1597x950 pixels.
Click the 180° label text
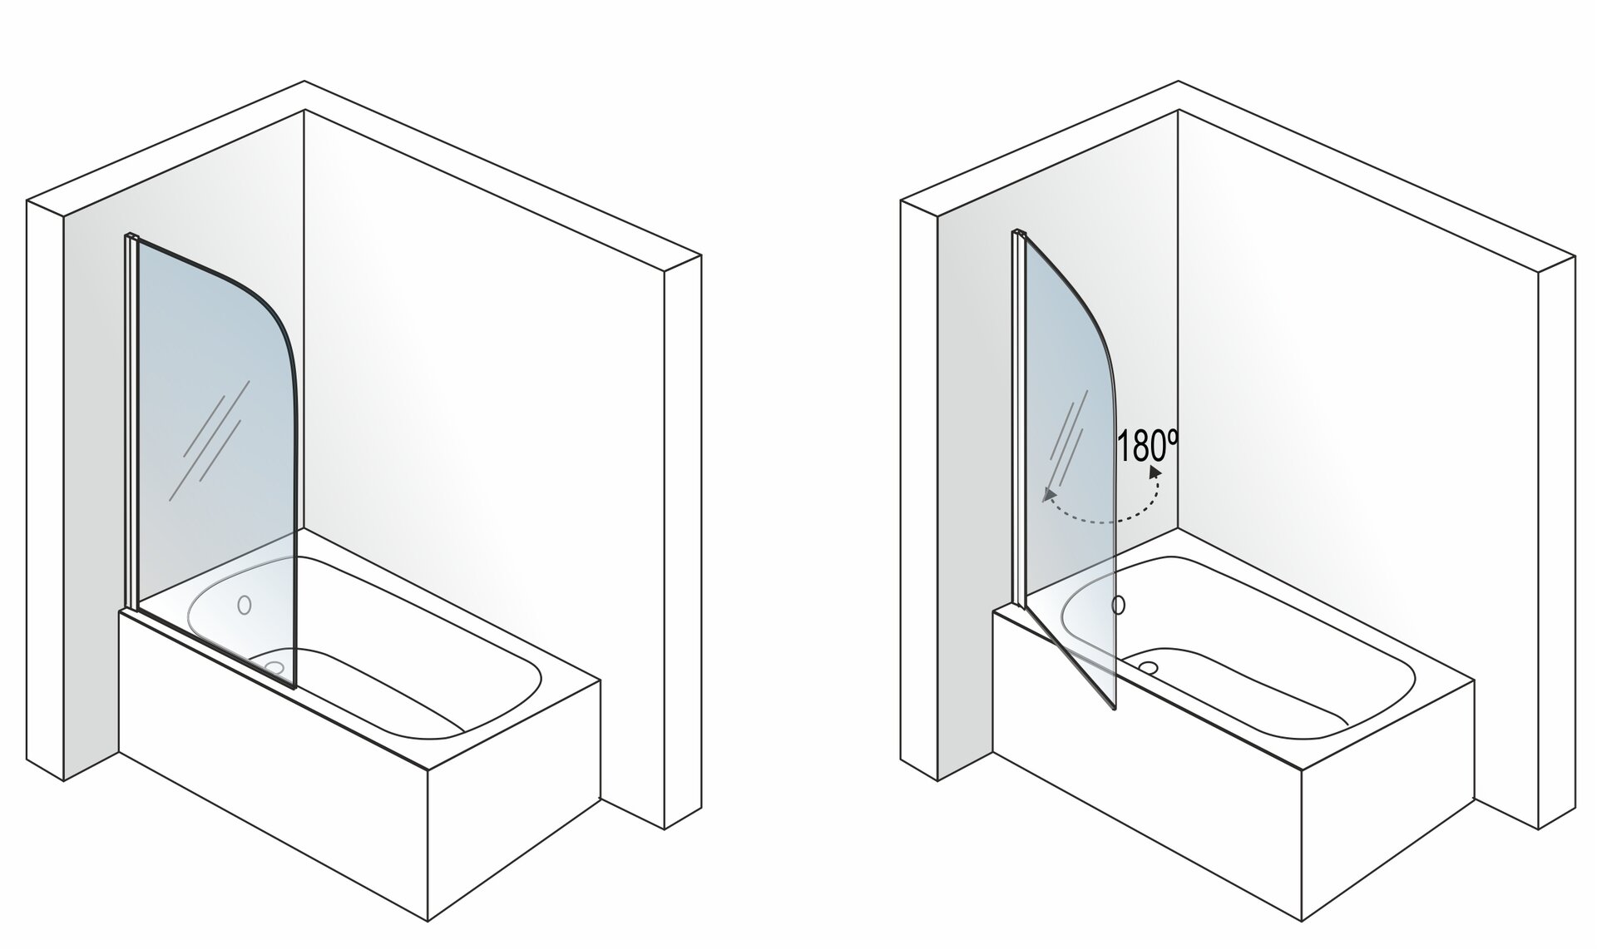point(1148,446)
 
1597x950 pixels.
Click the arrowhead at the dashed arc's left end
point(1050,496)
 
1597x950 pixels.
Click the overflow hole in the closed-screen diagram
point(244,605)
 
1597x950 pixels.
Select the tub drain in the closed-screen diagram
point(273,665)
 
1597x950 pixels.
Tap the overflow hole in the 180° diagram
point(1120,605)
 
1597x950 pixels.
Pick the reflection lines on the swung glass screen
point(1068,445)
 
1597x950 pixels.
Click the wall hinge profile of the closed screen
point(131,423)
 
